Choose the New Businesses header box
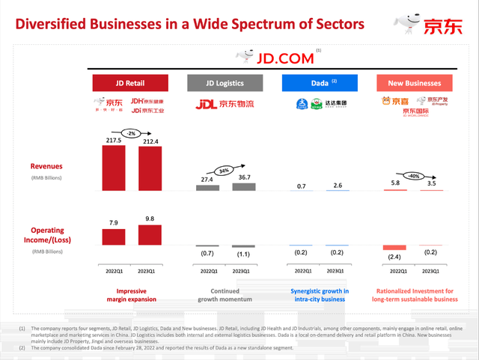pyautogui.click(x=414, y=83)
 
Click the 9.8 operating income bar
pyautogui.click(x=150, y=234)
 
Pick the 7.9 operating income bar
pyautogui.click(x=114, y=237)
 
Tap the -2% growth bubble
pyautogui.click(x=132, y=132)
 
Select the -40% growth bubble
pyautogui.click(x=414, y=177)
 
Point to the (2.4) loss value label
pyautogui.click(x=394, y=257)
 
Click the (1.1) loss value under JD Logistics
pyautogui.click(x=244, y=253)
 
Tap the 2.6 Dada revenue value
pyautogui.click(x=338, y=185)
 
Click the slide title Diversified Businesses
pyautogui.click(x=190, y=24)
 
